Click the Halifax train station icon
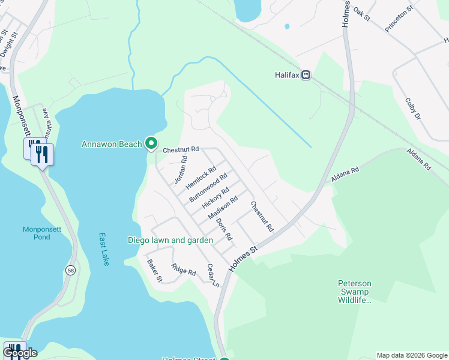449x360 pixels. coord(306,75)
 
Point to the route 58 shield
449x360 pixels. coord(71,271)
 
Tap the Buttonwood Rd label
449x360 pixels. coord(208,187)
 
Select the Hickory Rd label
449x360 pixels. coord(215,197)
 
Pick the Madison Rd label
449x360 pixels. coord(223,207)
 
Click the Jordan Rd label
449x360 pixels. coord(181,170)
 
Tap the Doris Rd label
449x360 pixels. coord(224,229)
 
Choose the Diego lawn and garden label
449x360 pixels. coord(170,240)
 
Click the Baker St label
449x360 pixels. coord(155,271)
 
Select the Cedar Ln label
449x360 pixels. coord(213,275)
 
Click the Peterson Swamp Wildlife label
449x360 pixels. coord(355,291)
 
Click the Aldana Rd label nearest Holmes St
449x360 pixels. coord(345,175)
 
